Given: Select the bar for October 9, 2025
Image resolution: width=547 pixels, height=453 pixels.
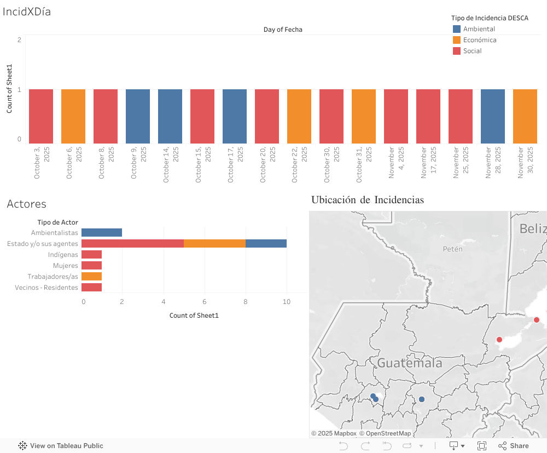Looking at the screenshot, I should [138, 116].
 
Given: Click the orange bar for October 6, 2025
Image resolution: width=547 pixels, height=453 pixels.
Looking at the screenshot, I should [73, 116].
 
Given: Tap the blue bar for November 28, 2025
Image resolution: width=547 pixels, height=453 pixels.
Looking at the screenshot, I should [493, 116].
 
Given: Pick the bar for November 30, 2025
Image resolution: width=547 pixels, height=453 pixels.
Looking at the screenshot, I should [525, 116].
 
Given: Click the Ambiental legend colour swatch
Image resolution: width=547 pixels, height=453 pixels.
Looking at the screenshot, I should [457, 29].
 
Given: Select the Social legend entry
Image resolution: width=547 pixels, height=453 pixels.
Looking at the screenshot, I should [472, 51].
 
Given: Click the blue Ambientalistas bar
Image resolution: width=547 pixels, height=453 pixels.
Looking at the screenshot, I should [102, 233].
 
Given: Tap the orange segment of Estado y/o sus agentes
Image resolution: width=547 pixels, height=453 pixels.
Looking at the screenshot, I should [214, 244].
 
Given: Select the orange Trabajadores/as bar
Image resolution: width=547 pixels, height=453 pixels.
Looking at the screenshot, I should [91, 277].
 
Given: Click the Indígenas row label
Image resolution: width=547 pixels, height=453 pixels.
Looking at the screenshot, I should [63, 255].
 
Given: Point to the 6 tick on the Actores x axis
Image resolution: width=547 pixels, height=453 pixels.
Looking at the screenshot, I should [205, 302].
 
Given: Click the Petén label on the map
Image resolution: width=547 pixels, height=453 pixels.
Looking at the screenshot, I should [452, 249].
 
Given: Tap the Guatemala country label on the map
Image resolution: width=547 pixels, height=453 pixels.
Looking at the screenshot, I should [410, 363].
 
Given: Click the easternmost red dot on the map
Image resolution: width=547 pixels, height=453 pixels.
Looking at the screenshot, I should [537, 320].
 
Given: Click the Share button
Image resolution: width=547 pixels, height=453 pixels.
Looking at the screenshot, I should [514, 446].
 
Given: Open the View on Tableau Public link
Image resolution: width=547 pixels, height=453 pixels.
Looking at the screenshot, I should [61, 446].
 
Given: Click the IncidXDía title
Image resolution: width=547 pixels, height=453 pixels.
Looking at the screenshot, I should [27, 12].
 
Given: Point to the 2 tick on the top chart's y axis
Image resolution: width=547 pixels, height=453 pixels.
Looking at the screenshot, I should [19, 39].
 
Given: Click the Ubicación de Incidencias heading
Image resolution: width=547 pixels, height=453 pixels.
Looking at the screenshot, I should [367, 200].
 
